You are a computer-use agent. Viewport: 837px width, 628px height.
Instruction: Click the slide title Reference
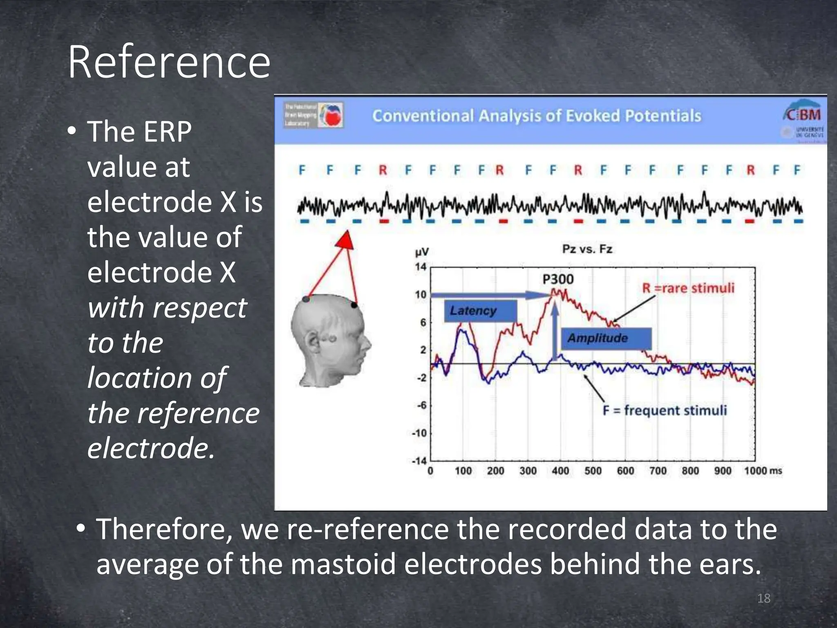[x=169, y=62]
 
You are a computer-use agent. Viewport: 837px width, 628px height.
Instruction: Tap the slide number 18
[x=763, y=598]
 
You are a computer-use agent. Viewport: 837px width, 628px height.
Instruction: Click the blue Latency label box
[x=480, y=311]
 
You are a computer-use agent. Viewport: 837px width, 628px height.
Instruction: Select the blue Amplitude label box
[x=606, y=338]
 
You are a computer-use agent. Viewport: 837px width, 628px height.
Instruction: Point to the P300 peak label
[x=558, y=279]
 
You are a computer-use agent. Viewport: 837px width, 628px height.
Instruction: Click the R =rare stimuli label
[x=688, y=288]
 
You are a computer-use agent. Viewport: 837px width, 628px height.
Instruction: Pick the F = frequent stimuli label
[x=665, y=410]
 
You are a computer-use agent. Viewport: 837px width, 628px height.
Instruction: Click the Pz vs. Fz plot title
[x=587, y=249]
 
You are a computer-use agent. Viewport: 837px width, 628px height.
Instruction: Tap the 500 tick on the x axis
[x=593, y=471]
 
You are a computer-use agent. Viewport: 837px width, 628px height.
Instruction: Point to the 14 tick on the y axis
[x=421, y=267]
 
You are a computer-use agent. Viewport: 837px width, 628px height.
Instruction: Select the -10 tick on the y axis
[x=419, y=433]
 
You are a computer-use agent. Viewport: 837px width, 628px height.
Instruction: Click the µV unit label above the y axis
[x=421, y=252]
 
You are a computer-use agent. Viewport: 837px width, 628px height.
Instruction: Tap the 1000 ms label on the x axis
[x=763, y=471]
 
